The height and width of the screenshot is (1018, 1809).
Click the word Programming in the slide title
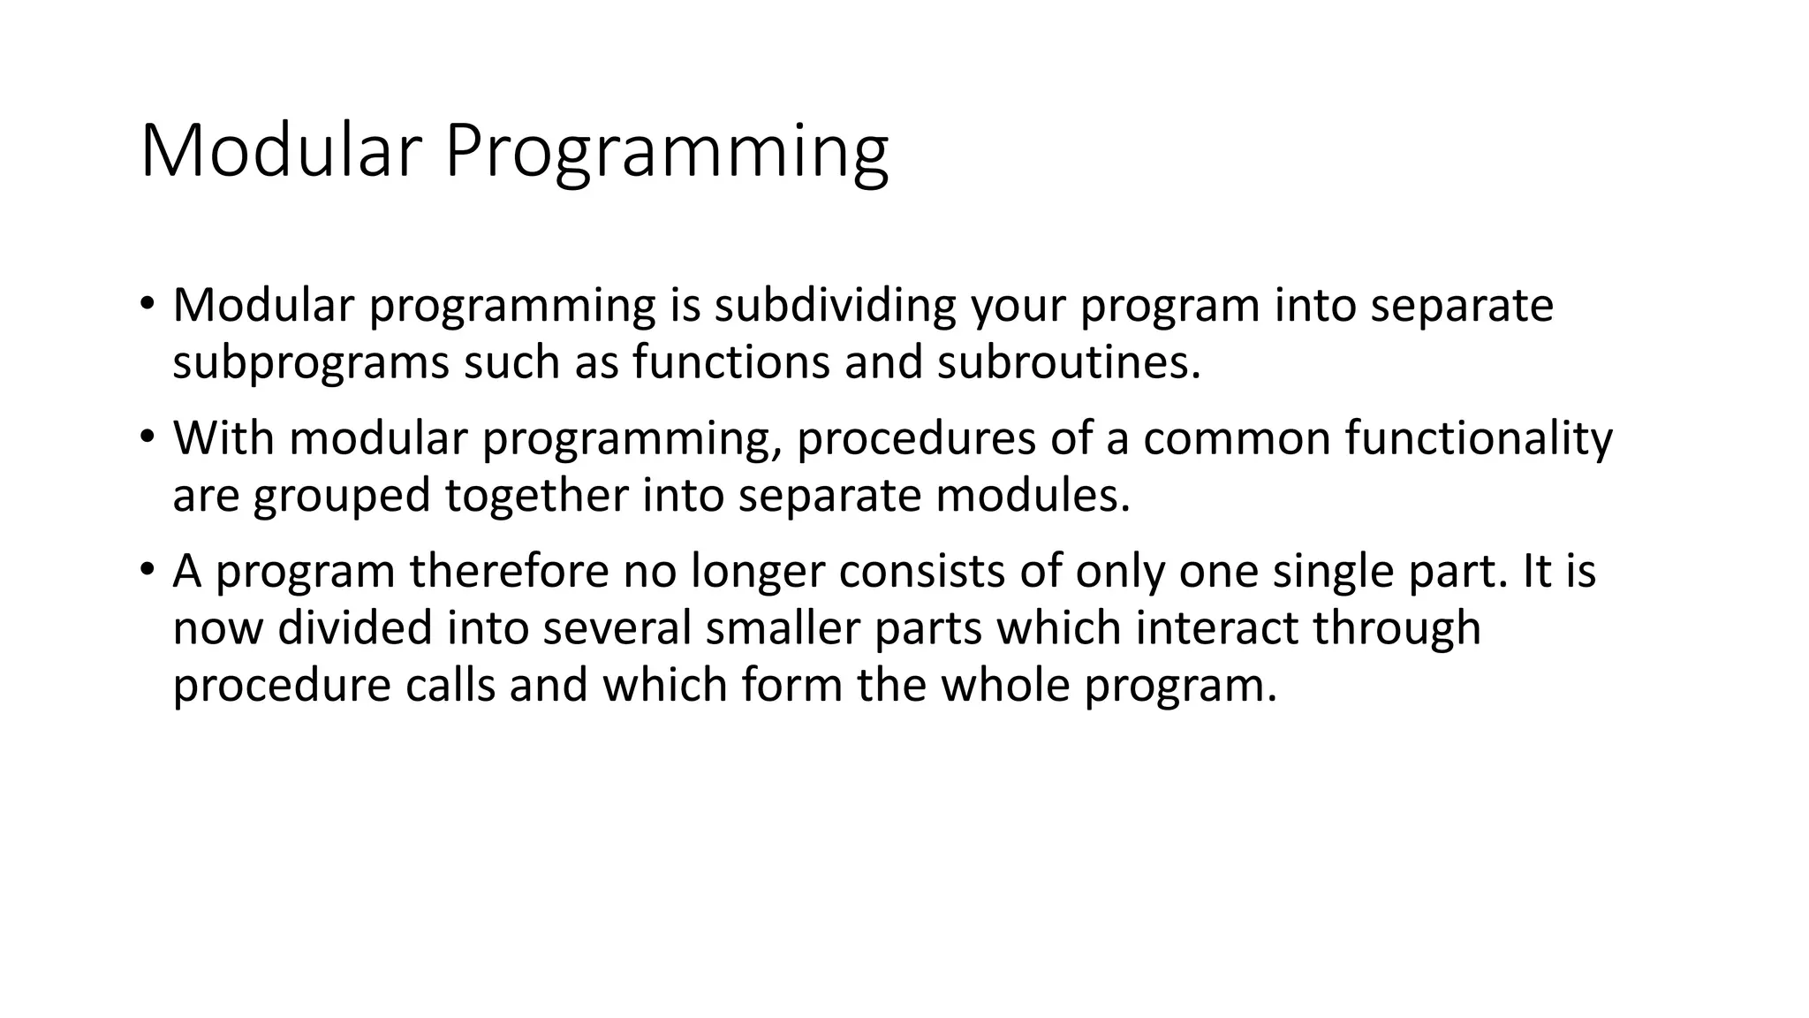tap(666, 152)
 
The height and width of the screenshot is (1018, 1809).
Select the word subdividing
tap(835, 306)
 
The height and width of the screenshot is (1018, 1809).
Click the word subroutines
tap(1068, 362)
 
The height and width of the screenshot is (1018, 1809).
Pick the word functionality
tap(1479, 438)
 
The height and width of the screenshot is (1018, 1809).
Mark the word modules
tap(1033, 495)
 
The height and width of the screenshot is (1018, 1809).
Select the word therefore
tap(509, 571)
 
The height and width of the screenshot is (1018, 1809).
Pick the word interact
tap(1215, 628)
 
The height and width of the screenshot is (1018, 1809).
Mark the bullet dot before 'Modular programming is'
tap(147, 303)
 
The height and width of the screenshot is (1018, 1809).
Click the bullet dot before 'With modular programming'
tap(147, 436)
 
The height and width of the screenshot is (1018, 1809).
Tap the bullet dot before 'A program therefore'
tap(147, 568)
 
